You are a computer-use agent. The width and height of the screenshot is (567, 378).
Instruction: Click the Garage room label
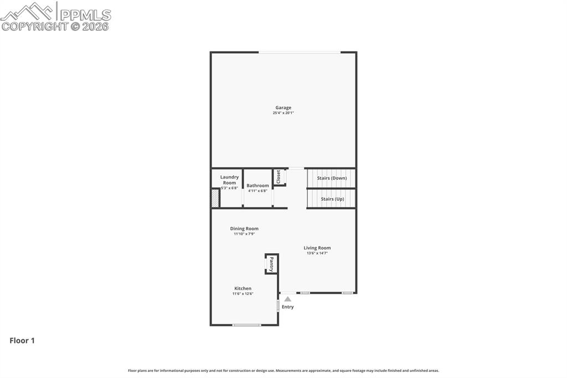coord(283,108)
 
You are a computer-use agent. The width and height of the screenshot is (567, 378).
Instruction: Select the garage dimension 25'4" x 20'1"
coord(283,113)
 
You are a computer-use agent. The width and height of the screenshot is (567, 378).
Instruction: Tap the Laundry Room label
coord(229,180)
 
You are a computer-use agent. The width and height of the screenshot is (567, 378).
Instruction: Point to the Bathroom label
coord(257,186)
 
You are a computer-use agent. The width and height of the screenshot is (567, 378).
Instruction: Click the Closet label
coord(279,177)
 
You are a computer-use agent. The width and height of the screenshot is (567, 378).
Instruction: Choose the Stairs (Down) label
coord(332,178)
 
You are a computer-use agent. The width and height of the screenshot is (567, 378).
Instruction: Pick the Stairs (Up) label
coord(332,198)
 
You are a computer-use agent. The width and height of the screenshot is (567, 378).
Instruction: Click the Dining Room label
coord(244,228)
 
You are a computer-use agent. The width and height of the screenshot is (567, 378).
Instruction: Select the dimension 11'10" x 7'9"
coord(244,234)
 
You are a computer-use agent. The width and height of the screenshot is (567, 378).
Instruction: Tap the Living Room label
coord(317,248)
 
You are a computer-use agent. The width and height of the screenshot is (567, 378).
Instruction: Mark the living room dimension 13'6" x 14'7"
coord(317,253)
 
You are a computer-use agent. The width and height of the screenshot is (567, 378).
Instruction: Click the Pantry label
coord(271,264)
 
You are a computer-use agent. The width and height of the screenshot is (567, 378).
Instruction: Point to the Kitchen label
coord(243,288)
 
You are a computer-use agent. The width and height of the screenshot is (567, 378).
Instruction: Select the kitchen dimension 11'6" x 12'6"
coord(243,294)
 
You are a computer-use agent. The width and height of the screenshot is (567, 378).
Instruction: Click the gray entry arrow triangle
coord(287,299)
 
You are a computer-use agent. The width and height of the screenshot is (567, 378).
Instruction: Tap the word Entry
coord(288,307)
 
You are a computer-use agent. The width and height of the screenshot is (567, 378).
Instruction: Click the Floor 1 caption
coord(22,341)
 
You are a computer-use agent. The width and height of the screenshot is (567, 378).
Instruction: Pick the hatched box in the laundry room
coord(215,198)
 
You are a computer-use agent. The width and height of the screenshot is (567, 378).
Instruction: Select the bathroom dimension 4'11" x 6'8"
coord(257,191)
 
